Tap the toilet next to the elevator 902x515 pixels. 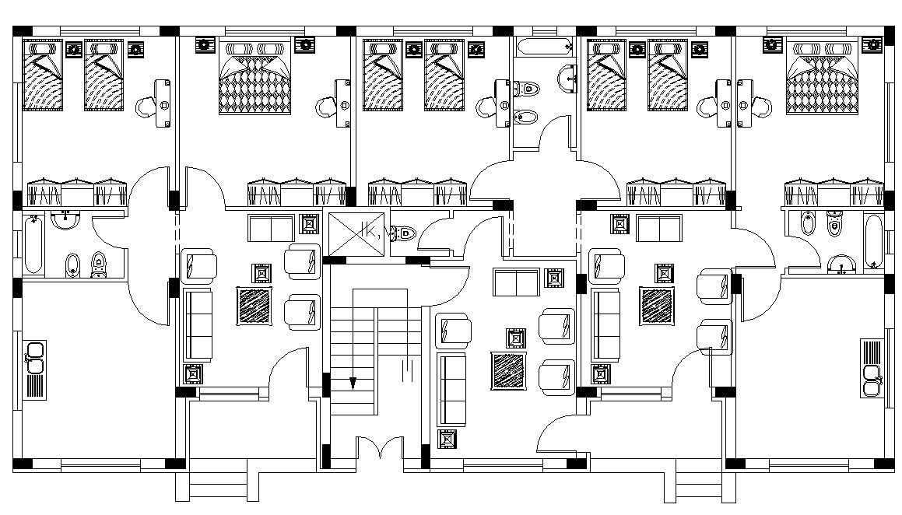click(404, 233)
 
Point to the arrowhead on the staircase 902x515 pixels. click(353, 384)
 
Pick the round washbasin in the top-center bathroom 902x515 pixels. click(566, 76)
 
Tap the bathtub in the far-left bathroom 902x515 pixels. click(33, 245)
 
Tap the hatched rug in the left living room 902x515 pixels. click(254, 306)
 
